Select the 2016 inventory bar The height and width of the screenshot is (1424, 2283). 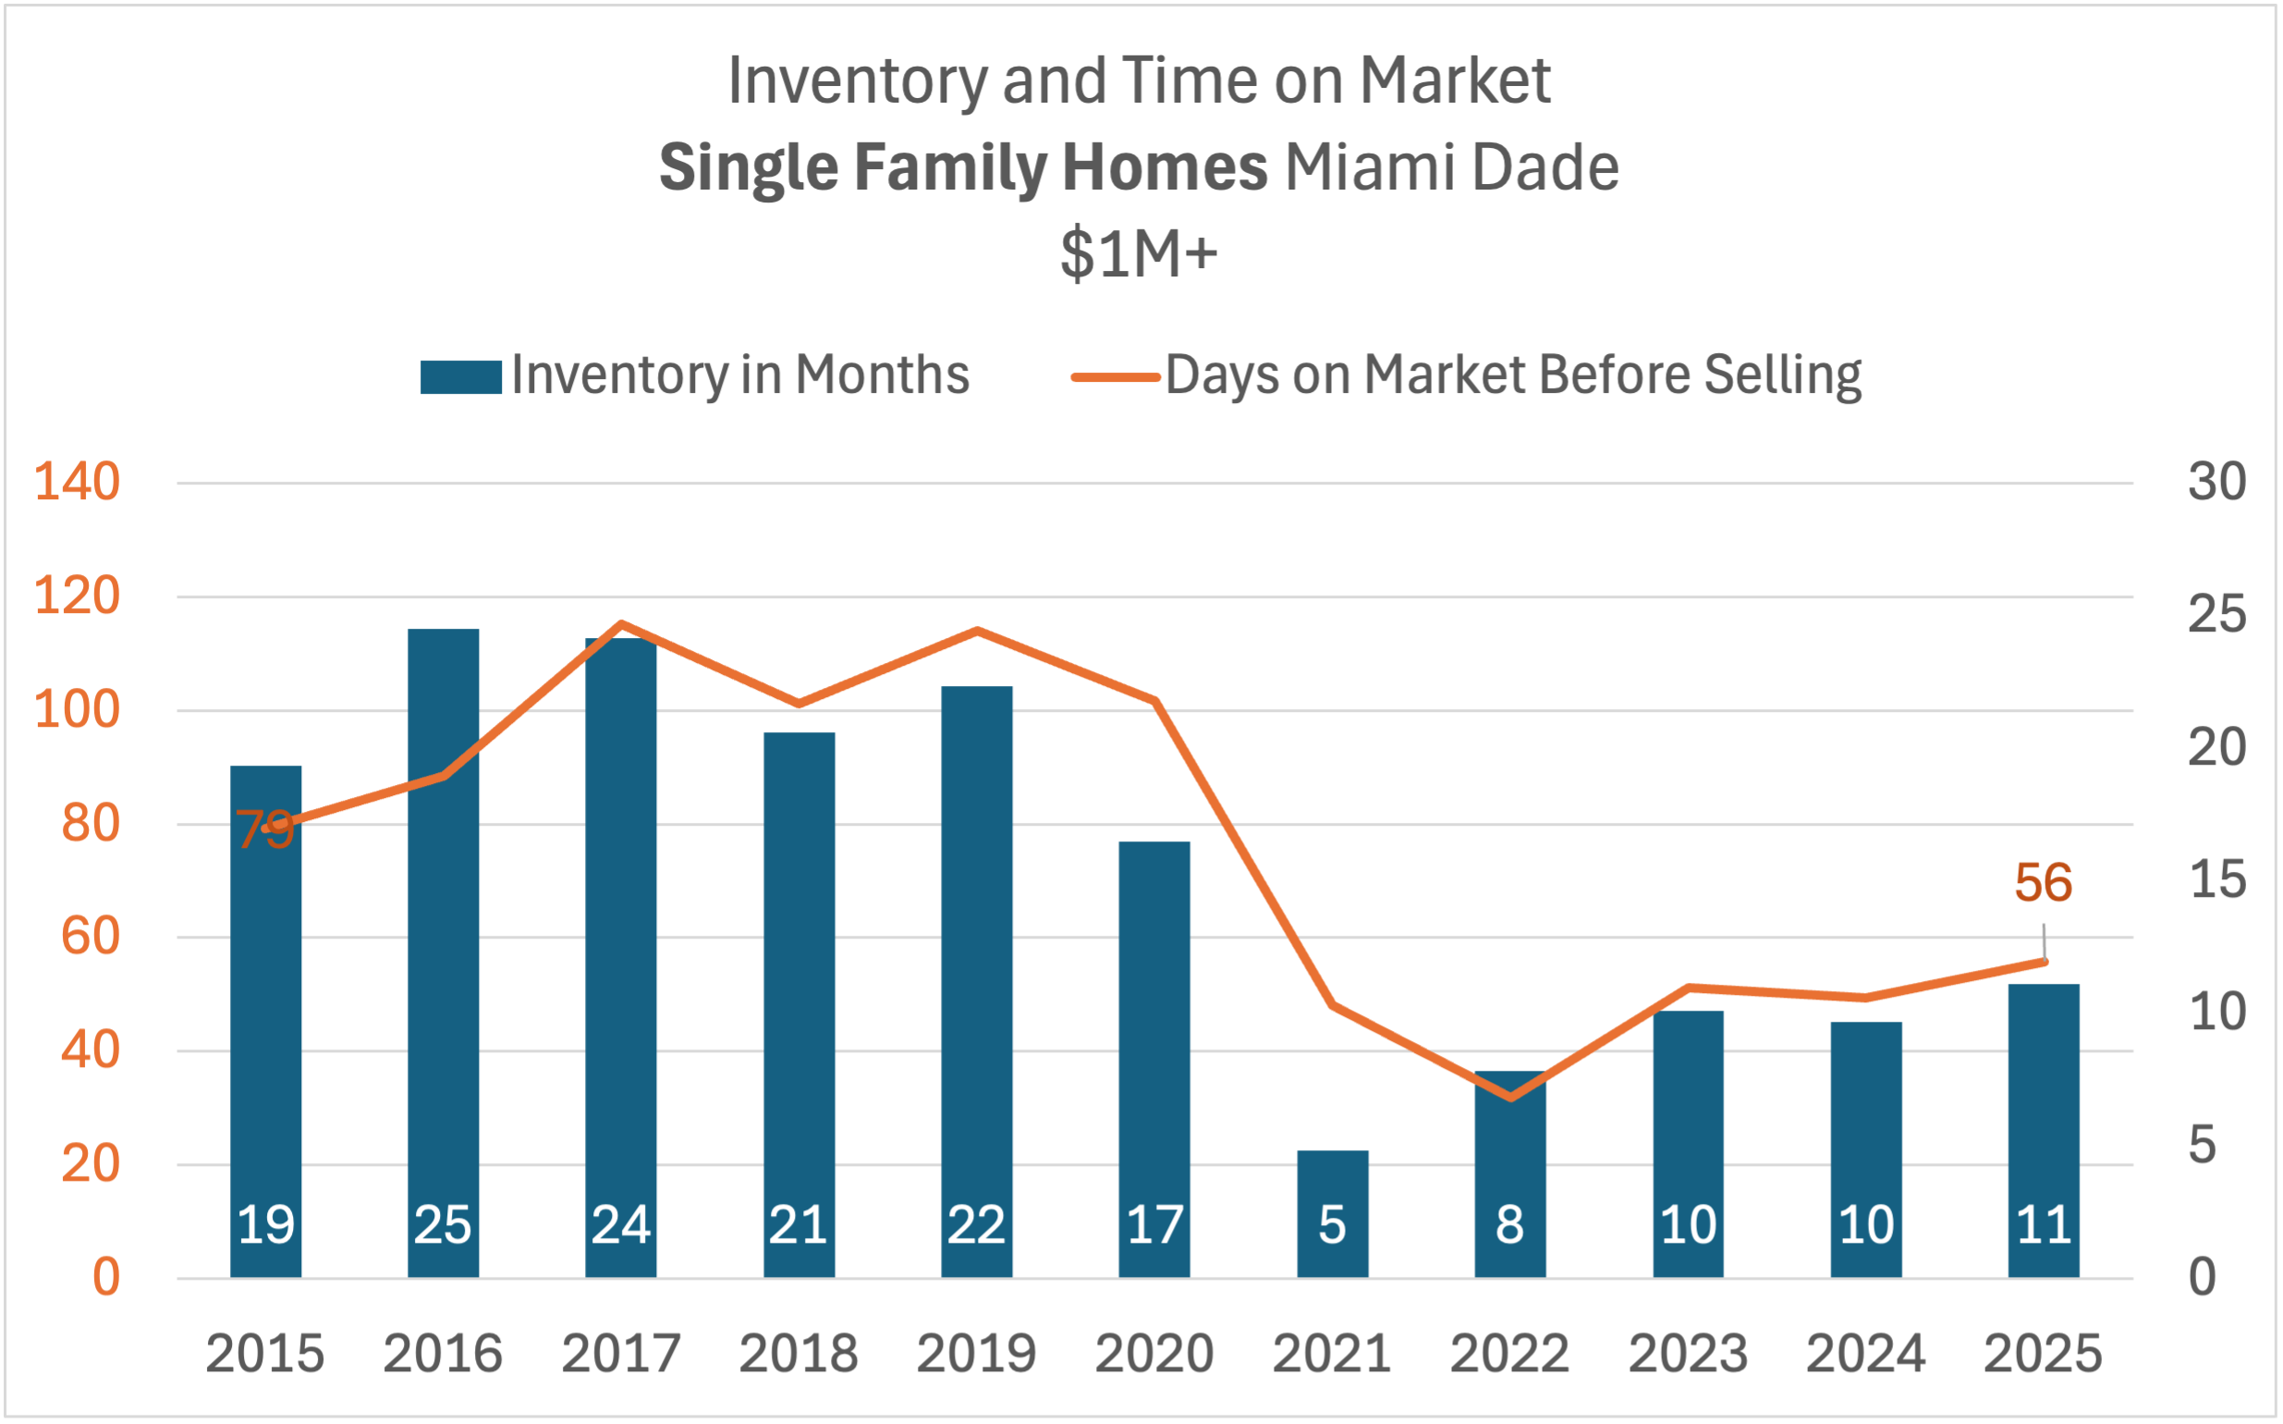tap(443, 951)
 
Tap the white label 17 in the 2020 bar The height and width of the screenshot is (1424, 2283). tap(1154, 1225)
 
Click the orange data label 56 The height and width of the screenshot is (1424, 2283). tap(2043, 883)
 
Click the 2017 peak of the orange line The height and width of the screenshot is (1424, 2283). tap(621, 624)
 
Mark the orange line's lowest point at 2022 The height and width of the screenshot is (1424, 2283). tap(1510, 1098)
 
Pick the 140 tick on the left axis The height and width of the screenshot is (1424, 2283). tap(78, 482)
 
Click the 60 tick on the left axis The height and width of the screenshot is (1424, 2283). tap(91, 937)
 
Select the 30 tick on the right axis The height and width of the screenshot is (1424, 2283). tap(2217, 482)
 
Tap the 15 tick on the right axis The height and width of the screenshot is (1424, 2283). tap(2217, 879)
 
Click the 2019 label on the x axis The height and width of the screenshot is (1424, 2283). tap(976, 1355)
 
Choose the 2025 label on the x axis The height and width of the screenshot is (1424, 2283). tap(2043, 1355)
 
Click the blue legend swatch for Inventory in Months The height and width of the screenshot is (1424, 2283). tap(460, 376)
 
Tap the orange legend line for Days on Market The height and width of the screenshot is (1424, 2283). tap(1115, 376)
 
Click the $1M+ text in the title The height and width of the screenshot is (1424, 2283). tap(1139, 254)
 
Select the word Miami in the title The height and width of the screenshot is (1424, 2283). tap(1368, 167)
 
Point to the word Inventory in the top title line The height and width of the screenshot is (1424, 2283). tap(857, 81)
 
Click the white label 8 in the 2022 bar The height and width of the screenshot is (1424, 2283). tap(1510, 1225)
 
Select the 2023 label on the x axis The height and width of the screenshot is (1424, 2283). tap(1688, 1355)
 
